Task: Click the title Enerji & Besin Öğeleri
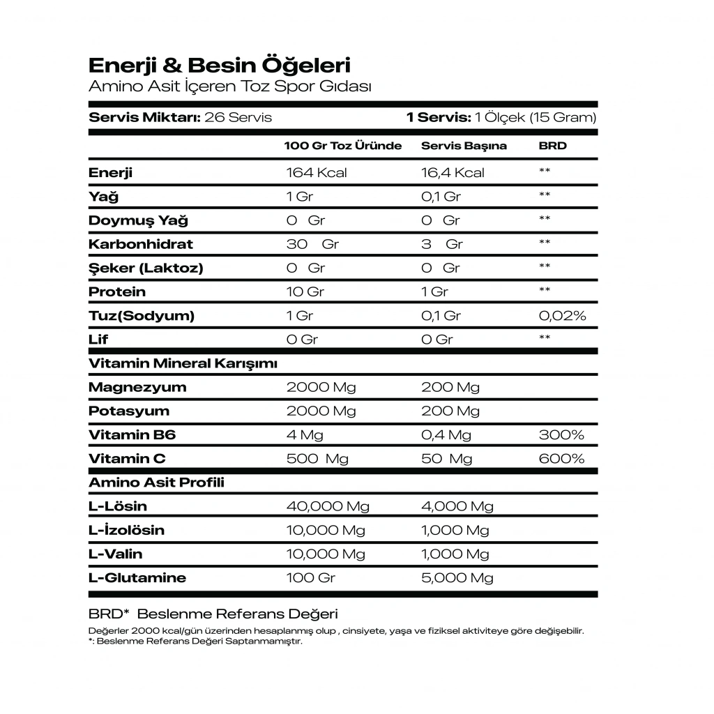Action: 220,66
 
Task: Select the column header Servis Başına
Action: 464,146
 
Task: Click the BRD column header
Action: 553,146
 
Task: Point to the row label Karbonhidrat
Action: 141,244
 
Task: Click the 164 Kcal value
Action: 317,172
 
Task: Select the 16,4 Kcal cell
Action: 453,172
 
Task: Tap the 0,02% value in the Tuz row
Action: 563,316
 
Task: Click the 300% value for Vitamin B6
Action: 561,435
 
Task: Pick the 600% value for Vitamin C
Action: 561,459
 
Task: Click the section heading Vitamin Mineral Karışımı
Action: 183,363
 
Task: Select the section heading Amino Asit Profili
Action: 157,483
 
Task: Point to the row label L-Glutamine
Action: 137,578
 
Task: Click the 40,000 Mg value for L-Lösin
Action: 328,506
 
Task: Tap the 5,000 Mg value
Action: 457,578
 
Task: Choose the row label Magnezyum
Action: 137,387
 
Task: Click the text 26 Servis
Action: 238,117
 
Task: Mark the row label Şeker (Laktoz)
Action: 146,268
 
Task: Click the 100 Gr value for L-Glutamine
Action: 311,578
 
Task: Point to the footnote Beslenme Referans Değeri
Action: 237,614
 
